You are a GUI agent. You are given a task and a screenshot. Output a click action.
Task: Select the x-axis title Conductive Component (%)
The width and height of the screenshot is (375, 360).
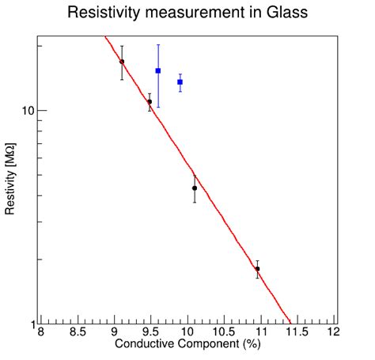click(x=187, y=345)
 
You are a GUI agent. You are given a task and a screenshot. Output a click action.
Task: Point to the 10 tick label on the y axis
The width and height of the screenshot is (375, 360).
click(x=26, y=111)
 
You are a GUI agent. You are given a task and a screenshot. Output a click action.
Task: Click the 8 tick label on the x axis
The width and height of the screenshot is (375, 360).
click(x=41, y=333)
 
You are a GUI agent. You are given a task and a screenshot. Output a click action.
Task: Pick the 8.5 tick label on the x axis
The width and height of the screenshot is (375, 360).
click(x=78, y=333)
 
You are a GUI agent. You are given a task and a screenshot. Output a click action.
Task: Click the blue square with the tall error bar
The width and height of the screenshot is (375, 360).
click(x=158, y=71)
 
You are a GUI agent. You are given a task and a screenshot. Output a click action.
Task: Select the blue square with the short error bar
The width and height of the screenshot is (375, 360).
click(x=180, y=82)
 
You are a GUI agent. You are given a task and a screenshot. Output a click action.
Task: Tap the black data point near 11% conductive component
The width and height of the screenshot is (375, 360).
click(x=257, y=269)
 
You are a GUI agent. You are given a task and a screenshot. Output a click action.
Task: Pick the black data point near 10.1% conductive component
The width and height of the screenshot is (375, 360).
click(x=195, y=188)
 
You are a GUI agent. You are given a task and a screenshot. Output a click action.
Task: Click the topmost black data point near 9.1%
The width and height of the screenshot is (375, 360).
click(x=122, y=62)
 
